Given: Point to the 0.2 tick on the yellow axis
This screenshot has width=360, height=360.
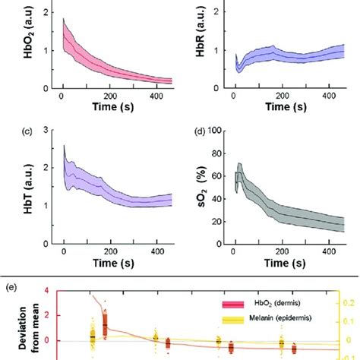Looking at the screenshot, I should (351, 302).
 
